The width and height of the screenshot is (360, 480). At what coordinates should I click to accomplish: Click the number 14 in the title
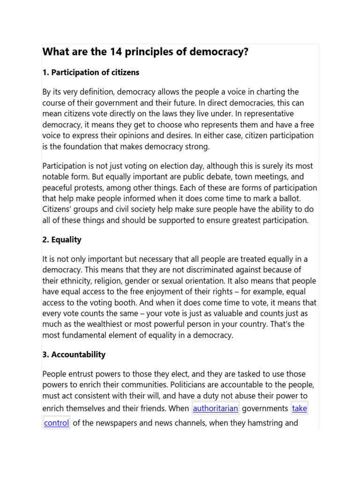(115, 52)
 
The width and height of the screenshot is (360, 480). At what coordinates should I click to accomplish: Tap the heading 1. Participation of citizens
(90, 73)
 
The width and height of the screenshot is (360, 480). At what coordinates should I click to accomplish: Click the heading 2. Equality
(62, 240)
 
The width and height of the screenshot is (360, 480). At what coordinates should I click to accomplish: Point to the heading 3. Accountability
(74, 354)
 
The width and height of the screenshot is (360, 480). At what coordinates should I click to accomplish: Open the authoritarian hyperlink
(216, 408)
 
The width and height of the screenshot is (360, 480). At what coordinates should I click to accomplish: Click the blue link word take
(299, 408)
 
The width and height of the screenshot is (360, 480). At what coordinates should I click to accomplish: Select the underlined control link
(57, 423)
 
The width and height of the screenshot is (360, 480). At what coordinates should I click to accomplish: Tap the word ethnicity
(77, 281)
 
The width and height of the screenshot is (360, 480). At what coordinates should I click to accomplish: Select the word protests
(87, 188)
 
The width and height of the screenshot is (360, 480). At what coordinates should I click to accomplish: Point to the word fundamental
(85, 335)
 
